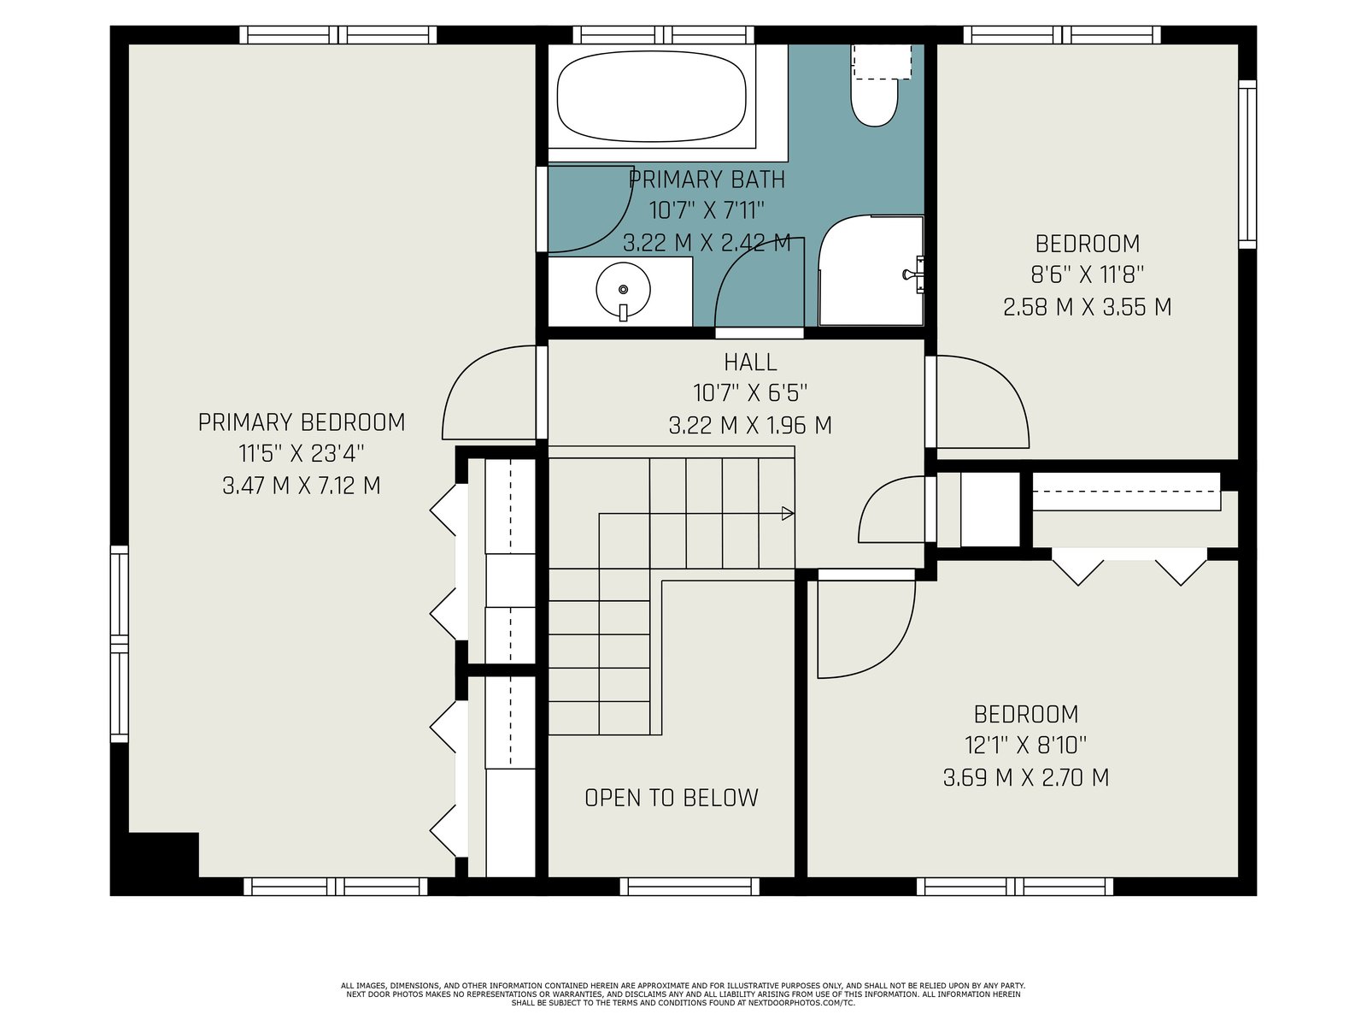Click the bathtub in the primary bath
(651, 97)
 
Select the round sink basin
(623, 291)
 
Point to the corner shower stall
(871, 270)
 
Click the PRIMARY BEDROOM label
(302, 422)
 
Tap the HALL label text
(750, 362)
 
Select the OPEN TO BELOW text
(672, 798)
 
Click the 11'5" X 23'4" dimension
(302, 453)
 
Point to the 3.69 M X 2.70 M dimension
(1026, 777)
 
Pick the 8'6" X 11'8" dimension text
(1088, 274)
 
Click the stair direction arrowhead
(788, 513)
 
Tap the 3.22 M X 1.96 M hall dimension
(750, 426)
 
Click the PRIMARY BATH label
(707, 180)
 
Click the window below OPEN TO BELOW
(693, 887)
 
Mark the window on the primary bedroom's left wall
(119, 644)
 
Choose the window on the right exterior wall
(1247, 164)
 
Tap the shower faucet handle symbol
(913, 274)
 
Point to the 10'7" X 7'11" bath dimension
(707, 210)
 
